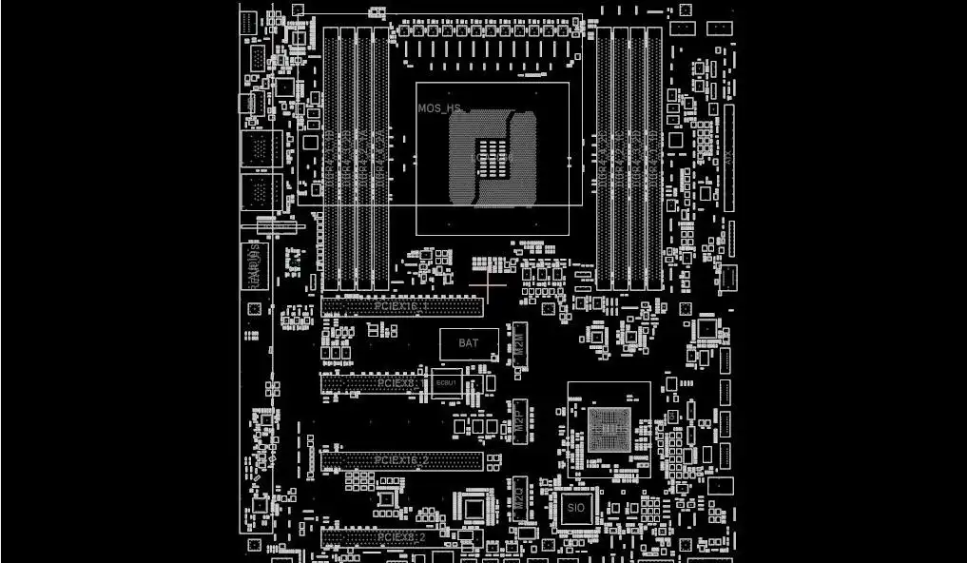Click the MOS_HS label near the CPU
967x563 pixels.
click(440, 108)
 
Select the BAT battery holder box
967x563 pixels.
click(469, 343)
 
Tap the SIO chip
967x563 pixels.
click(575, 509)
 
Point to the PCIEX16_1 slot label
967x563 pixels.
click(401, 306)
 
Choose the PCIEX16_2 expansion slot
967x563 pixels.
click(401, 461)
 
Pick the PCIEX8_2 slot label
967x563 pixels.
click(401, 537)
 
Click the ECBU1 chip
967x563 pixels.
click(446, 382)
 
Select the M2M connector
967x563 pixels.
click(520, 343)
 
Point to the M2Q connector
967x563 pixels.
click(520, 499)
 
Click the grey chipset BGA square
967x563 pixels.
click(607, 428)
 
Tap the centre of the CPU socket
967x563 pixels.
click(493, 157)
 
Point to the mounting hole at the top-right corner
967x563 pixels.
click(685, 10)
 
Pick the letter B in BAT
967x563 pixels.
click(462, 343)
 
